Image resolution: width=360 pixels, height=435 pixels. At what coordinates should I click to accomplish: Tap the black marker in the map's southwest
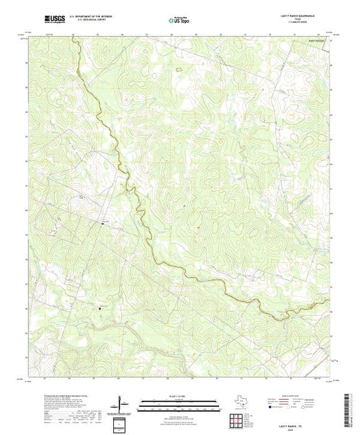click(100, 308)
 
